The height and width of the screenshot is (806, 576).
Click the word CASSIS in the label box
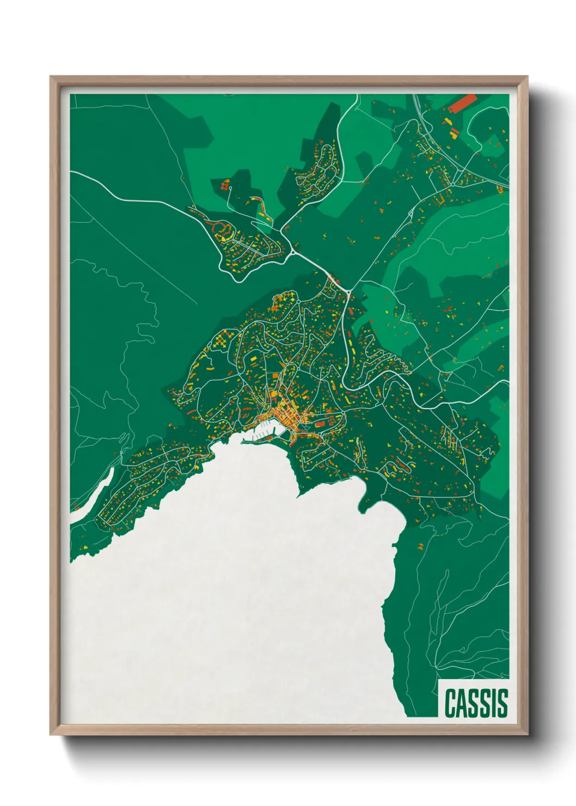(x=476, y=703)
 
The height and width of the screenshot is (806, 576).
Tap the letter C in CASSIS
(x=450, y=703)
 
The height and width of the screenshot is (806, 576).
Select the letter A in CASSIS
(x=462, y=703)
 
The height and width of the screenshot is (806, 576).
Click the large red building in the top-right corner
(x=463, y=103)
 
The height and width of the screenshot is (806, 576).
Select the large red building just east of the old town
(x=320, y=423)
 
